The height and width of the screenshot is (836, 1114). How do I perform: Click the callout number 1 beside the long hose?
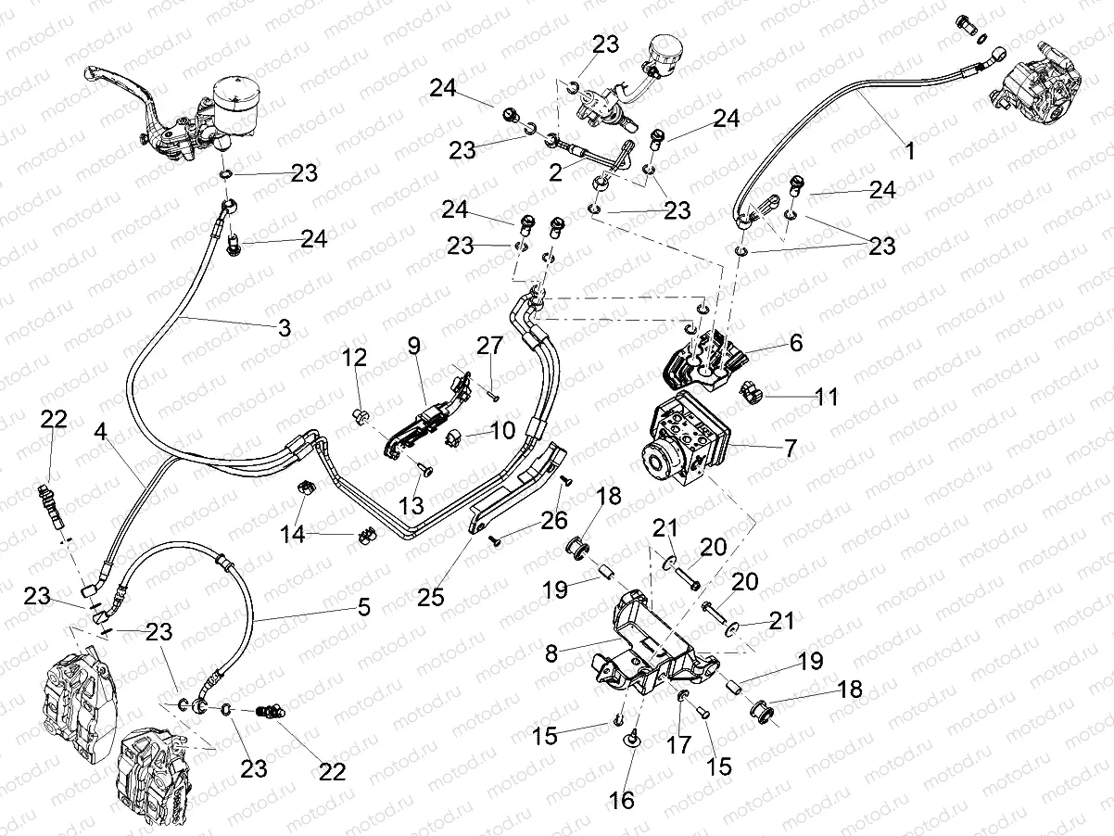coord(909,149)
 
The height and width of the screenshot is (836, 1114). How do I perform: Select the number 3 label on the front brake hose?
coord(284,327)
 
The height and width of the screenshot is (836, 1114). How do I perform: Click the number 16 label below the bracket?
coord(623,800)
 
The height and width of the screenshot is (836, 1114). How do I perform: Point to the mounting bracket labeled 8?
coord(649,649)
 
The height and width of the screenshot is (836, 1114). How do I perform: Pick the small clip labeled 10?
coord(456,437)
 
